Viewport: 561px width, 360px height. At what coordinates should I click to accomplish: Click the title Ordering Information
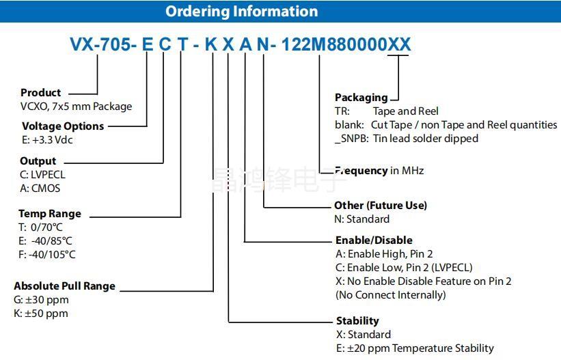(241, 12)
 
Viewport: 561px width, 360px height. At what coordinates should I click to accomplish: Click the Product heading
(40, 92)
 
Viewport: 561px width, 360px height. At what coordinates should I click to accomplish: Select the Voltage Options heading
(63, 126)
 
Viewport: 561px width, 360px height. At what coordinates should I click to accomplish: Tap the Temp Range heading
(50, 213)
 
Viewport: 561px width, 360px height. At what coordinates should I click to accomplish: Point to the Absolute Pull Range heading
(64, 286)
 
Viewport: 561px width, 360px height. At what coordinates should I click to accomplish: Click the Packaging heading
(361, 97)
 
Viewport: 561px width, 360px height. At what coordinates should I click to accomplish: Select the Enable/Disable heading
(374, 240)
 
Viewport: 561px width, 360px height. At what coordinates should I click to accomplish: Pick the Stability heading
(357, 320)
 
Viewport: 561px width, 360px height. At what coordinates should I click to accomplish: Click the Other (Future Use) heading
(381, 205)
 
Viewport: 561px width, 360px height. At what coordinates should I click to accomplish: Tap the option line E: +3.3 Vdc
(47, 139)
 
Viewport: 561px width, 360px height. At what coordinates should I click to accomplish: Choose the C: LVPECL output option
(43, 175)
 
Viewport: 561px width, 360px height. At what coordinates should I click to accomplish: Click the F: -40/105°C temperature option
(47, 254)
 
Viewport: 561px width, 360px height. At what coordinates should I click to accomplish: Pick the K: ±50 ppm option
(41, 314)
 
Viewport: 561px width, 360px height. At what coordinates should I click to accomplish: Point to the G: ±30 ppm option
(41, 300)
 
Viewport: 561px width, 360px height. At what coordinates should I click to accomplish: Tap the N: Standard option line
(362, 219)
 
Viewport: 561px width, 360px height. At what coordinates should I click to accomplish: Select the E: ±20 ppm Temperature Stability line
(415, 348)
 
